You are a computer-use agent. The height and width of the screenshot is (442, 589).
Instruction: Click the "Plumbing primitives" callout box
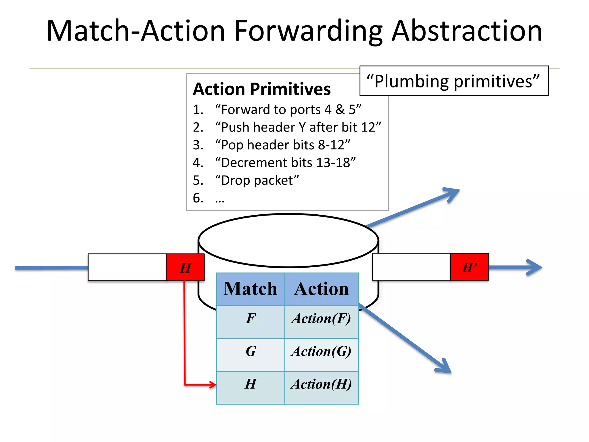pos(454,81)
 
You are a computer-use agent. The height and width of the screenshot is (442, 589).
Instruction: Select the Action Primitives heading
pos(262,89)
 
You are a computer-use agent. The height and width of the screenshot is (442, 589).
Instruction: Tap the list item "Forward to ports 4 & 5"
pos(288,110)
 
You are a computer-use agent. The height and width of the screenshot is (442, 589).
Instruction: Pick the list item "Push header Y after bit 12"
pos(298,127)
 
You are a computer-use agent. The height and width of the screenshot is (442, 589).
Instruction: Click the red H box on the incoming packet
pos(185,267)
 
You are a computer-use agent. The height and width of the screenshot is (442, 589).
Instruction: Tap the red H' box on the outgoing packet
pos(469,267)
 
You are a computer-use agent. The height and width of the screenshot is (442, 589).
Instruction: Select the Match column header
pos(250,289)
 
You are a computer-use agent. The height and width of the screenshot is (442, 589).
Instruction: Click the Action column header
pos(321,289)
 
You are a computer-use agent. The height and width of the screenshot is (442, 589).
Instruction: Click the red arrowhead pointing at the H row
pos(212,384)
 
